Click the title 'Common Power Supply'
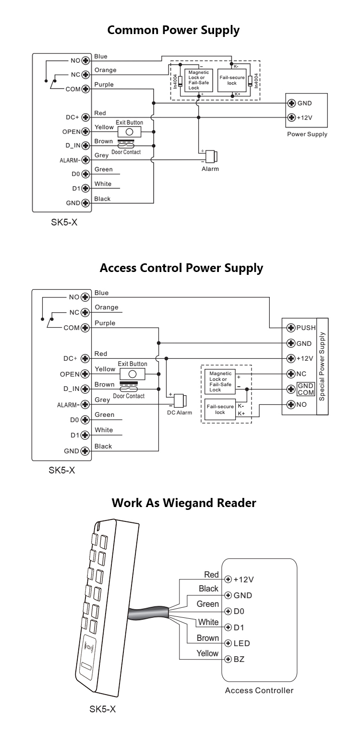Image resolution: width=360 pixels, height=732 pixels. coord(173,30)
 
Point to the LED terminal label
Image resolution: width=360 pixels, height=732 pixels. coord(241,643)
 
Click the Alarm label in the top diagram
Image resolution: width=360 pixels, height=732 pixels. coord(210,169)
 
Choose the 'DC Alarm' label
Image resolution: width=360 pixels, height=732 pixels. coord(179,413)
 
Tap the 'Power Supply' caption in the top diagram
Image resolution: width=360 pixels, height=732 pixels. coord(307,134)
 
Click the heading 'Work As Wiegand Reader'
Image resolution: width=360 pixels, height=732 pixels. coord(184,503)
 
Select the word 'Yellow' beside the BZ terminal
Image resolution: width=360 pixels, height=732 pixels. coord(207,653)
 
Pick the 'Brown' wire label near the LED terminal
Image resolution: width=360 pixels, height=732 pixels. coord(207,638)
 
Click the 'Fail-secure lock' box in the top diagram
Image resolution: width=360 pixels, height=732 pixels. coord(232,80)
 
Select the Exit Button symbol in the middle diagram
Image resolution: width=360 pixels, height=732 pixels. coord(132,374)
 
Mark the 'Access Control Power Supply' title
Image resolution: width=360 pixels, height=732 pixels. coord(181,268)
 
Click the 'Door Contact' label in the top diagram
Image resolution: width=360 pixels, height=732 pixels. coord(126,152)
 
